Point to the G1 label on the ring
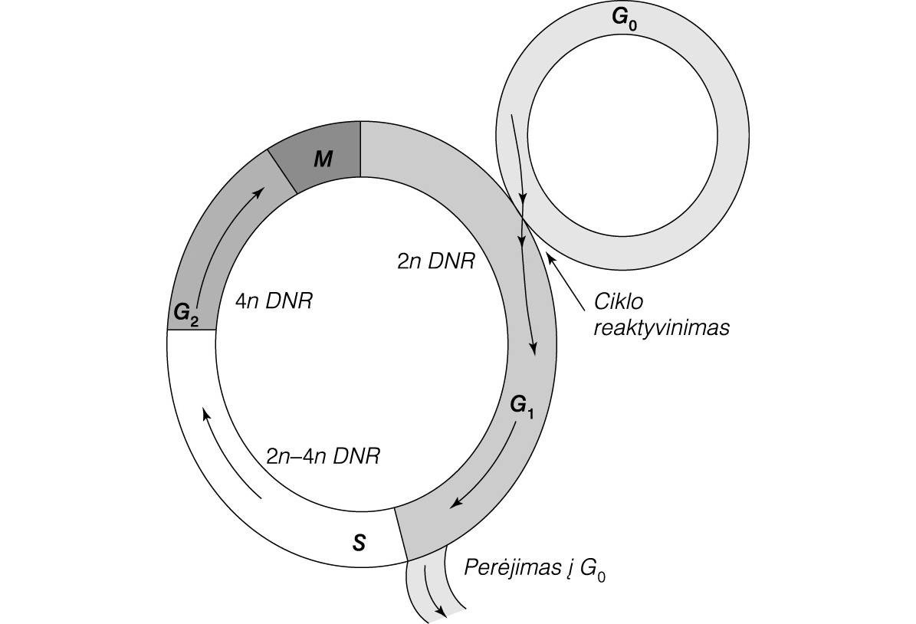coord(521,406)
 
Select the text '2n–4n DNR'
coord(322,457)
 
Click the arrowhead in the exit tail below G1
coord(441,609)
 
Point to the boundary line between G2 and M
coord(281,171)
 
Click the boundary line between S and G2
coord(191,330)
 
